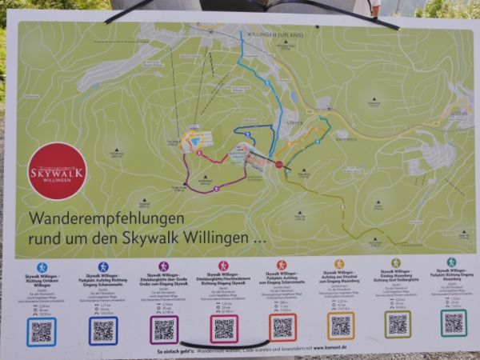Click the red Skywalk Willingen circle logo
tap(57, 170)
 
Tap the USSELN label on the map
tap(457, 114)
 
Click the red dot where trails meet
tap(279, 164)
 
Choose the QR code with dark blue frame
tap(103, 330)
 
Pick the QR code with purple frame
tap(164, 329)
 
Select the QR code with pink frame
tap(224, 328)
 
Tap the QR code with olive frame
tap(398, 324)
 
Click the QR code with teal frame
tap(454, 322)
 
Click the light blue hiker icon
tap(42, 267)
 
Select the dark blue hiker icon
tap(102, 266)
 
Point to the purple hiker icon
tap(163, 266)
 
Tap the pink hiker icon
tap(223, 265)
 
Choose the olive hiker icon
tap(396, 262)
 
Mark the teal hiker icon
tap(451, 262)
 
